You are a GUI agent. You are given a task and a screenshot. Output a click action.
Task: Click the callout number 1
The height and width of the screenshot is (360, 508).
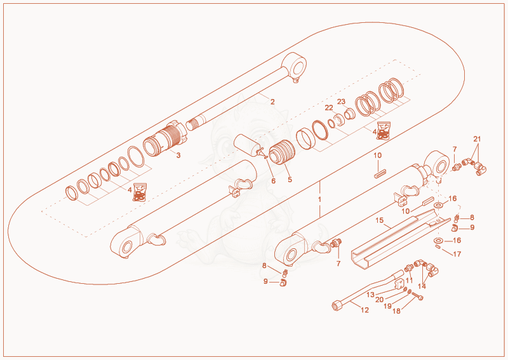tap(319, 199)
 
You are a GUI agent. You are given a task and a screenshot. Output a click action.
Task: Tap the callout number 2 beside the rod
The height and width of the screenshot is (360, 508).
tap(272, 102)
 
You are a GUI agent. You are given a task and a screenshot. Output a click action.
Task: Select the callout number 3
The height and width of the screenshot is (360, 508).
tap(178, 155)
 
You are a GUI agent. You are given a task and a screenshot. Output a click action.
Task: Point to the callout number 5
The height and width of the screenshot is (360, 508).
tap(290, 179)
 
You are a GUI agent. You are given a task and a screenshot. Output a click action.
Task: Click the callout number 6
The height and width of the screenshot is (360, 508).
tap(274, 181)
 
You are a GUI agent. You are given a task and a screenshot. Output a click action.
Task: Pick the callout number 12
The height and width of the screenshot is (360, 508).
tap(364, 310)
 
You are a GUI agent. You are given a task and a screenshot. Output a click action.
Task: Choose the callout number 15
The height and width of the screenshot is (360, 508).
tap(379, 221)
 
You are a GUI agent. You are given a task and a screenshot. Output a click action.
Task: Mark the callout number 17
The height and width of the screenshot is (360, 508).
tap(457, 254)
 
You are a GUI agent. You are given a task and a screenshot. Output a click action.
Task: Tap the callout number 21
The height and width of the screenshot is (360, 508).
tap(477, 139)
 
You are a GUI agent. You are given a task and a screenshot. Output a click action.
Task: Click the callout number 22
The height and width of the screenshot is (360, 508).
tap(329, 107)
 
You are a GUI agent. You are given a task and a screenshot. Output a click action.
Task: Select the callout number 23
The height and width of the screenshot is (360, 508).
tap(341, 102)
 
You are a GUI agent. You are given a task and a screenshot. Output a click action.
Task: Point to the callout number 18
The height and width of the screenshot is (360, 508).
tap(396, 311)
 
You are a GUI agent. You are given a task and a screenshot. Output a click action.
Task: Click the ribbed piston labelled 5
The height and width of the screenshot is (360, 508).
tap(282, 152)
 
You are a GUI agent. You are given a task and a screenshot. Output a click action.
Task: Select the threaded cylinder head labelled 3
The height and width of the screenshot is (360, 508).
tap(165, 138)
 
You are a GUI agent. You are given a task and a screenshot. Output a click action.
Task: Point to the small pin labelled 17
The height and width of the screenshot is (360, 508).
tap(438, 247)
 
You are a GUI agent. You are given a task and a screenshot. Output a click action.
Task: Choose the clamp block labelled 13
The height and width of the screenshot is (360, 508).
tap(399, 283)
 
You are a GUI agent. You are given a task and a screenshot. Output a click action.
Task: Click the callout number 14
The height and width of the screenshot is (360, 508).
tap(422, 286)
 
